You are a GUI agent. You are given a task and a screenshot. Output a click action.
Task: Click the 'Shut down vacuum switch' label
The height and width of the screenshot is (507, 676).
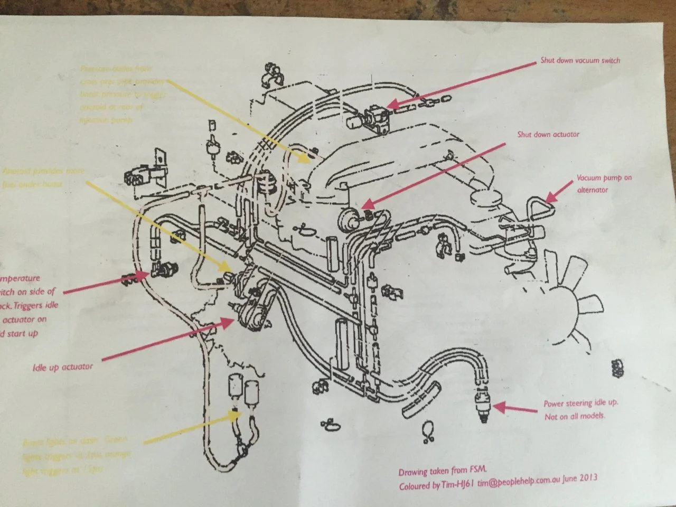coord(580,60)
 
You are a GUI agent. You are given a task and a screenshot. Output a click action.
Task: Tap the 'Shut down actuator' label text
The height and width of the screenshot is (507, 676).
coord(548,134)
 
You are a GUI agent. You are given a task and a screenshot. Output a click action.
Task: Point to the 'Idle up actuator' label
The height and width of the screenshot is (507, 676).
coord(62,367)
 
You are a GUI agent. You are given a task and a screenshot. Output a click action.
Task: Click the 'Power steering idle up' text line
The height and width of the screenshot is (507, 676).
coord(580,403)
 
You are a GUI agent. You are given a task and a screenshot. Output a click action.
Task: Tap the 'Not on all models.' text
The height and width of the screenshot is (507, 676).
coord(575,416)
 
